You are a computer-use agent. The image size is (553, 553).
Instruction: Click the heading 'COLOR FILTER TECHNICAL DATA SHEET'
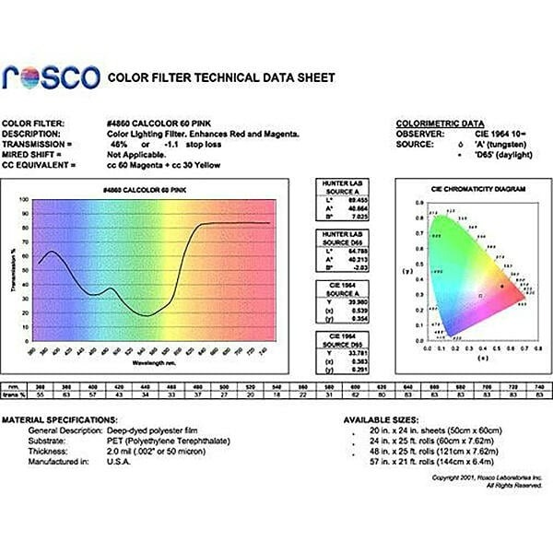221,77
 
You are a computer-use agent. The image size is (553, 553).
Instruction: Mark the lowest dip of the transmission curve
147,315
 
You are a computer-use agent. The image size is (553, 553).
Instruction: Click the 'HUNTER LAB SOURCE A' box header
335,185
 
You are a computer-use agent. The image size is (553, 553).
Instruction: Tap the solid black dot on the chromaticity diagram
501,287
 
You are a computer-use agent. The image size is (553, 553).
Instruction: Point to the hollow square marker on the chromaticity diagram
479,295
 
